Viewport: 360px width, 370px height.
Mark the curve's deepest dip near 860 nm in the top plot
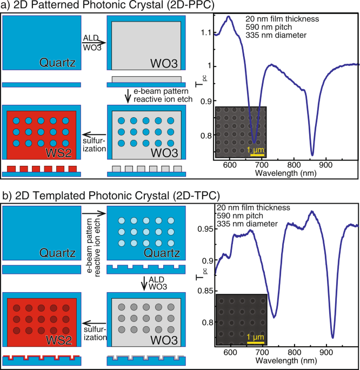click(312, 154)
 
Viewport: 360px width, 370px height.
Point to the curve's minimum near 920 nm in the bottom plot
click(333, 338)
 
